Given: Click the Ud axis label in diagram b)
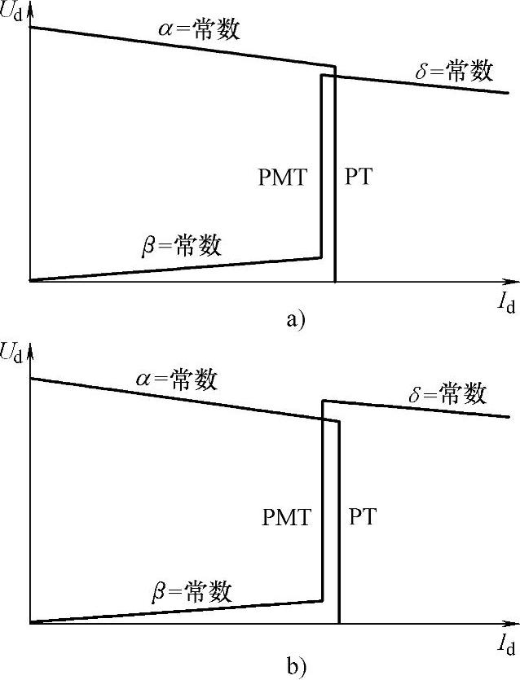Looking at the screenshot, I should pyautogui.click(x=13, y=352).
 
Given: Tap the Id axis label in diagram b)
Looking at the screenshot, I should pyautogui.click(x=506, y=645).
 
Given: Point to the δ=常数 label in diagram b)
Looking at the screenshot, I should pyautogui.click(x=447, y=395).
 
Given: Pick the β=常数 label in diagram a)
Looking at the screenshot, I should pyautogui.click(x=181, y=244).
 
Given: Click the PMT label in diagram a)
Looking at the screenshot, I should pyautogui.click(x=283, y=178).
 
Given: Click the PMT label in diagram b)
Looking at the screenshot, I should pyautogui.click(x=286, y=516).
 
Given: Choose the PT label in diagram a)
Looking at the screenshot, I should pyautogui.click(x=359, y=178).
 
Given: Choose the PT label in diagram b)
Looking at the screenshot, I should pyautogui.click(x=363, y=516).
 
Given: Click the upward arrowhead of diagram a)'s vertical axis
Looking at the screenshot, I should pyautogui.click(x=29, y=8).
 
